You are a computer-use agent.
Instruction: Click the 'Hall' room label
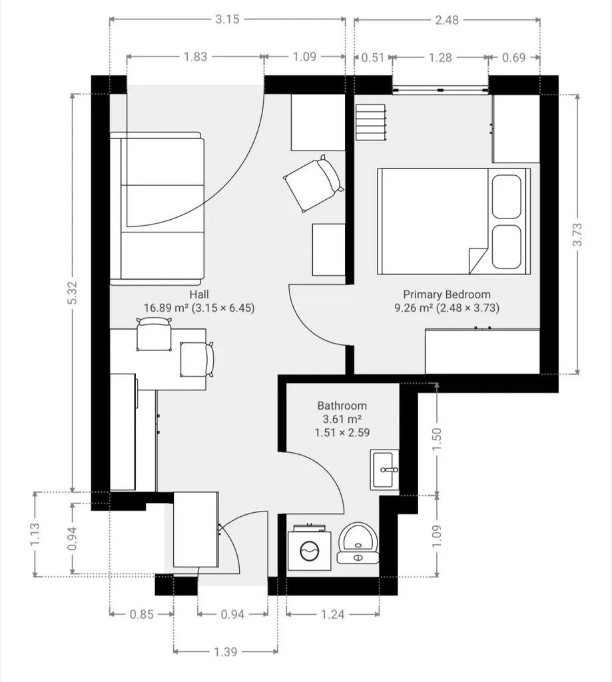pyautogui.click(x=198, y=294)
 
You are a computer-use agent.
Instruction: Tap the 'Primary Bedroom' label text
pyautogui.click(x=447, y=294)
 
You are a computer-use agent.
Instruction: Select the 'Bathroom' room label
pyautogui.click(x=342, y=406)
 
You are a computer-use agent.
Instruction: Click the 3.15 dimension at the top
pyautogui.click(x=227, y=19)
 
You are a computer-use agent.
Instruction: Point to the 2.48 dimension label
pyautogui.click(x=447, y=20)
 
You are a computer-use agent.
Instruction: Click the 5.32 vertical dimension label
pyautogui.click(x=73, y=293)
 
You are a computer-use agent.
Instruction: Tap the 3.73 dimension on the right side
pyautogui.click(x=577, y=234)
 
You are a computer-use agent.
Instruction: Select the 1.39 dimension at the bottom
pyautogui.click(x=225, y=651)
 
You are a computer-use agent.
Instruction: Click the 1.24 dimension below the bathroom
pyautogui.click(x=332, y=614)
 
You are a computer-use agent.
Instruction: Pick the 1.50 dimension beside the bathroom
pyautogui.click(x=437, y=440)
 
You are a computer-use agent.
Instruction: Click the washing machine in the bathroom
pyautogui.click(x=309, y=547)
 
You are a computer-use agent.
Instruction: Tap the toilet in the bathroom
pyautogui.click(x=358, y=543)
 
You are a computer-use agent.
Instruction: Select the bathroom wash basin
pyautogui.click(x=384, y=470)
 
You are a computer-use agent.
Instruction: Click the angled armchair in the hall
pyautogui.click(x=314, y=183)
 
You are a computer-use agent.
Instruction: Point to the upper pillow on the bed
pyautogui.click(x=506, y=196)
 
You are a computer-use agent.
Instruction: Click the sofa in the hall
pyautogui.click(x=156, y=208)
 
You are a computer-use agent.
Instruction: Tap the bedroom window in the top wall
pyautogui.click(x=440, y=90)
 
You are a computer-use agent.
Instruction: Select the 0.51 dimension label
pyautogui.click(x=373, y=57)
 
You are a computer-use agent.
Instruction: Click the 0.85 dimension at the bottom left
pyautogui.click(x=141, y=614)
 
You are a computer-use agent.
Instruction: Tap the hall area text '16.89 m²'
pyautogui.click(x=166, y=308)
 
